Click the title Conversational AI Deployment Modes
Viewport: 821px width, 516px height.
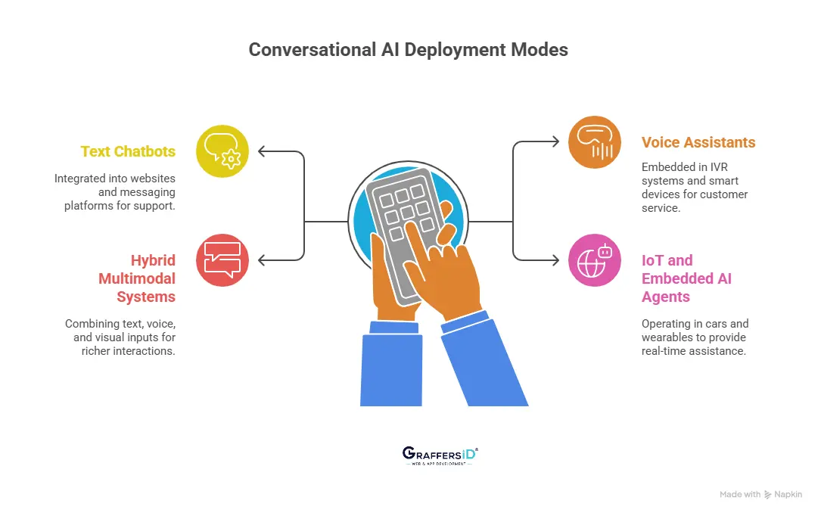click(409, 50)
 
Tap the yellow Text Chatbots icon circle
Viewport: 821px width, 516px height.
click(222, 151)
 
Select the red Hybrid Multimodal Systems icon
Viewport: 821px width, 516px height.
click(222, 260)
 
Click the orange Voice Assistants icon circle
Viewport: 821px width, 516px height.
click(595, 142)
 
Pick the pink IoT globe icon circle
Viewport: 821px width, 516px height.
click(595, 260)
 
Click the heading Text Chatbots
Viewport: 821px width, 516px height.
click(128, 151)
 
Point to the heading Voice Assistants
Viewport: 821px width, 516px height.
click(698, 142)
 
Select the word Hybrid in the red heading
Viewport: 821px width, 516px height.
click(153, 260)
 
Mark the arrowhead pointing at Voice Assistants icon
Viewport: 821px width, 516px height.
click(556, 142)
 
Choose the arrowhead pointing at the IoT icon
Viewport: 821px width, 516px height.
click(556, 260)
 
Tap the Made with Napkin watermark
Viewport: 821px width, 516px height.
click(760, 494)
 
